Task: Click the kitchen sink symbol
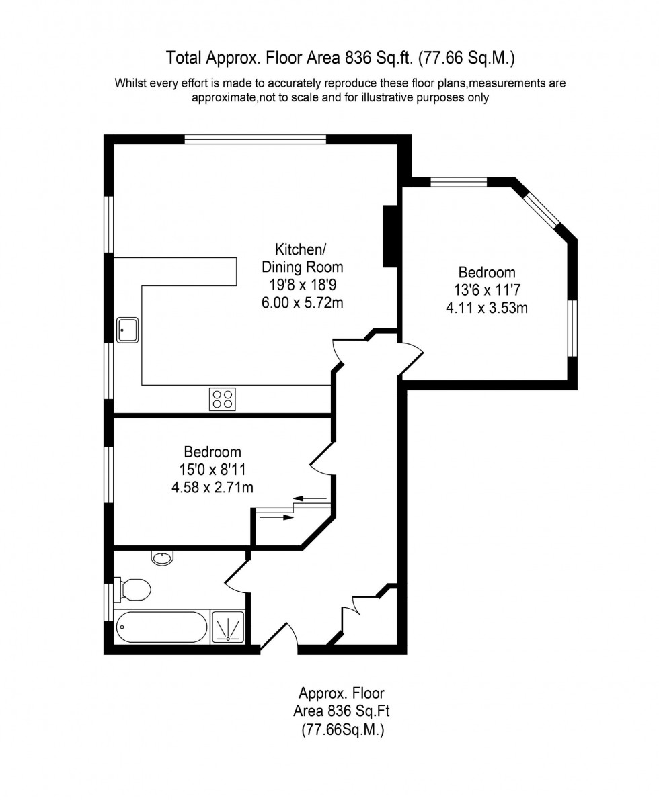[x=128, y=330]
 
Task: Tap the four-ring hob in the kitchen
[x=223, y=399]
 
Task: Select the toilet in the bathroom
[x=133, y=590]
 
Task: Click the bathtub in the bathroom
[x=161, y=628]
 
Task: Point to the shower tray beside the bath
[x=228, y=627]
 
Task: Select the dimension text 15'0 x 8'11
[x=212, y=470]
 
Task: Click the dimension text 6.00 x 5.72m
[x=302, y=302]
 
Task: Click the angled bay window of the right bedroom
[x=543, y=209]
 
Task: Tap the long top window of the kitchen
[x=256, y=140]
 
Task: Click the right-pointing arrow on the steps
[x=276, y=517]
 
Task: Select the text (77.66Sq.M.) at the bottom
[x=342, y=731]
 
